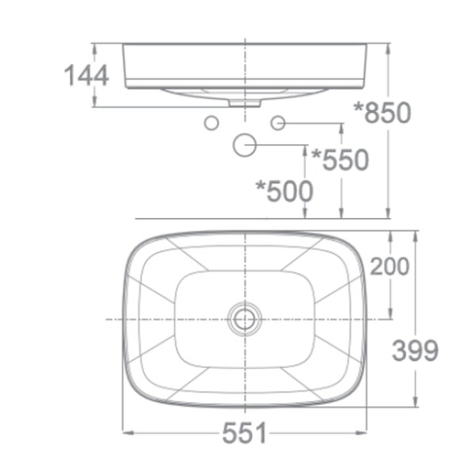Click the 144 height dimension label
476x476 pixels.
coord(87,75)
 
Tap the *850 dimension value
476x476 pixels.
coord(383,113)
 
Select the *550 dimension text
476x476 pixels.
coord(341,160)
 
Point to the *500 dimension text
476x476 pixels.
coord(284,191)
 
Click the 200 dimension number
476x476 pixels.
coord(390,266)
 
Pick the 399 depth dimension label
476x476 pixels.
coord(415,350)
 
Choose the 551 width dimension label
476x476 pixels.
coord(244,432)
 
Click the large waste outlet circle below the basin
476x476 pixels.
coord(245,145)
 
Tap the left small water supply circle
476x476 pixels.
coord(212,123)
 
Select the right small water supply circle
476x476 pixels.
coord(278,123)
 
